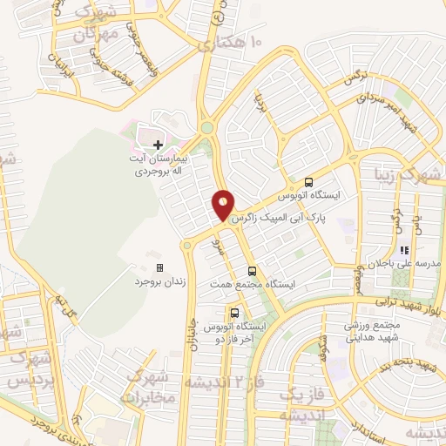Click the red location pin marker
point(224,205)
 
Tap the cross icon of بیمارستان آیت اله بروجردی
point(158,144)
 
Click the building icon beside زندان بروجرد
point(159,267)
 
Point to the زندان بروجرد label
point(155,282)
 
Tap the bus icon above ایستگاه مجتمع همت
point(252,272)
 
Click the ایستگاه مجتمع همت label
point(253,286)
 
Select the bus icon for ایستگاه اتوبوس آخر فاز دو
point(234,312)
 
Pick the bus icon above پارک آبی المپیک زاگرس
point(307,182)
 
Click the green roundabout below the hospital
point(207,128)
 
